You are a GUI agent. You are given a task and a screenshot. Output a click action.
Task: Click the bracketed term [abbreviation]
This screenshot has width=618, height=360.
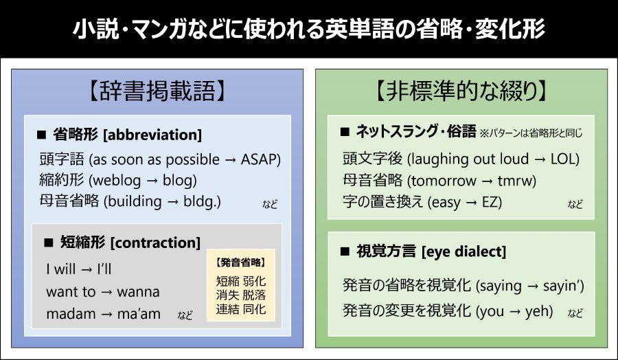(x=152, y=135)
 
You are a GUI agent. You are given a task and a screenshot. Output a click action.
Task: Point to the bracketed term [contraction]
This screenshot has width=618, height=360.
(x=155, y=243)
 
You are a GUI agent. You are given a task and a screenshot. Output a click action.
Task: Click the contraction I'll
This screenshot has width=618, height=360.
(x=104, y=269)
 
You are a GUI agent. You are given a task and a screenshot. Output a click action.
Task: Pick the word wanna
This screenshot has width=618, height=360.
(x=138, y=292)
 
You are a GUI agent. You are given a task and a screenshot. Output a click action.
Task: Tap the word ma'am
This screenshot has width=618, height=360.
(x=139, y=314)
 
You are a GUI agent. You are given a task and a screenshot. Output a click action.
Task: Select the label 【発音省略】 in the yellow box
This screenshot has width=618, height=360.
(x=241, y=262)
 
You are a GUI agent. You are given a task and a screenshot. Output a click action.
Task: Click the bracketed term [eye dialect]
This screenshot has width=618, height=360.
(x=464, y=251)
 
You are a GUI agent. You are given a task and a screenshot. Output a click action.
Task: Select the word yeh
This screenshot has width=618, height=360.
(x=539, y=311)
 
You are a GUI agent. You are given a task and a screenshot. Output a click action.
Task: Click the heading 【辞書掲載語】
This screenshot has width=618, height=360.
(x=157, y=91)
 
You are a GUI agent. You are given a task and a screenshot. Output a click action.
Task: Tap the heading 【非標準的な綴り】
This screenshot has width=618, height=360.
(x=461, y=91)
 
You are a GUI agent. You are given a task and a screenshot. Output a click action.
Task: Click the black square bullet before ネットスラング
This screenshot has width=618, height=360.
(x=345, y=132)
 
